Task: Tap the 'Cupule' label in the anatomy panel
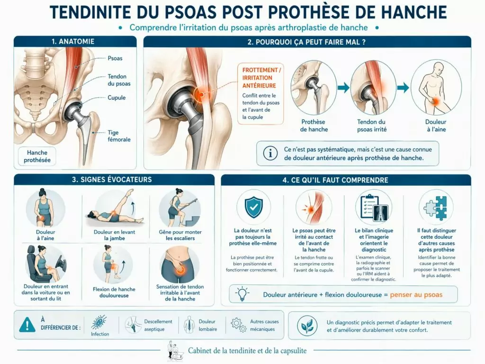(x=117, y=98)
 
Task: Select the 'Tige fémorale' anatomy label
(x=119, y=136)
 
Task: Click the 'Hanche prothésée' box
(x=37, y=156)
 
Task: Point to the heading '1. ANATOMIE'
(x=73, y=42)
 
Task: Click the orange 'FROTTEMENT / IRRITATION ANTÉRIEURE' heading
(x=261, y=78)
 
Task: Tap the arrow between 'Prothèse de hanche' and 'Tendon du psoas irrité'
(x=343, y=88)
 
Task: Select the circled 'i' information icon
(x=270, y=153)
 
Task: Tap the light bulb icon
(x=242, y=294)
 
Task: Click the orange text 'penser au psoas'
(x=416, y=295)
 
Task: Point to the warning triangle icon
(x=27, y=324)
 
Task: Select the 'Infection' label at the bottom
(x=100, y=334)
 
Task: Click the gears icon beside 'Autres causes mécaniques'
(x=238, y=325)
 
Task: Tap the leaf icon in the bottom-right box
(x=307, y=325)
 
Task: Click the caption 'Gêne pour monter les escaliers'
(x=180, y=235)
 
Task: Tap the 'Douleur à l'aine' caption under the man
(x=436, y=126)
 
